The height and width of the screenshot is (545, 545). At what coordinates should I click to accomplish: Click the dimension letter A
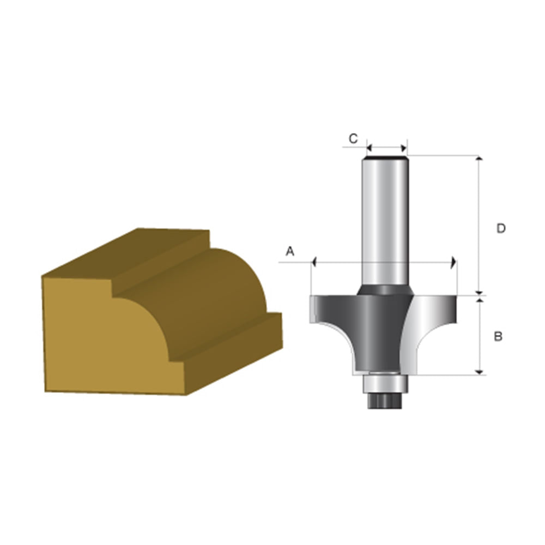[290, 251]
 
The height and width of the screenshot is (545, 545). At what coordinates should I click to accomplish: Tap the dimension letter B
[498, 336]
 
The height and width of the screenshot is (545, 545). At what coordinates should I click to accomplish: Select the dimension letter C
[353, 139]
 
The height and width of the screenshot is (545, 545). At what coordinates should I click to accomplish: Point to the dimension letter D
[500, 229]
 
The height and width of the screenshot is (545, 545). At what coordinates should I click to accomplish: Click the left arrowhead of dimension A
[314, 262]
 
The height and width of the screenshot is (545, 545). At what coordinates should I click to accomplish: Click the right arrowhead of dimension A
[453, 262]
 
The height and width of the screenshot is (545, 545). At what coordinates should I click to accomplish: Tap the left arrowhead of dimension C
[370, 148]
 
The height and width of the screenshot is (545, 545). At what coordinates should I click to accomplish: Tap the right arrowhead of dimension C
[404, 148]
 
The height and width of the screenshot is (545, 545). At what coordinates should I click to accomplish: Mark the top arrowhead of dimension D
[479, 159]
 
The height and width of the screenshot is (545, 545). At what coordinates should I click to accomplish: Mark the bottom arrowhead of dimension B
[480, 373]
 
